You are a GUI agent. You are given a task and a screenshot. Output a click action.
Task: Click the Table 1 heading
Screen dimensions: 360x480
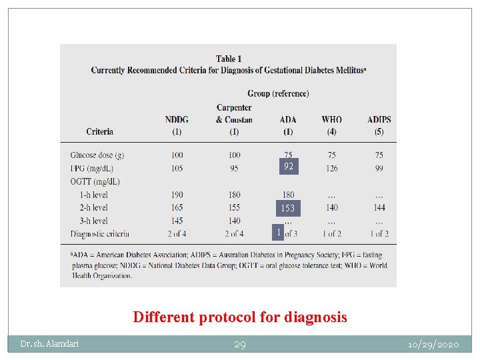point(229,59)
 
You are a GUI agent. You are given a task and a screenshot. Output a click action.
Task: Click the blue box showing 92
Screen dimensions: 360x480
point(288,166)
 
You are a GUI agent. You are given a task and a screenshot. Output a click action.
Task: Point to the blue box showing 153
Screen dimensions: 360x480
point(288,208)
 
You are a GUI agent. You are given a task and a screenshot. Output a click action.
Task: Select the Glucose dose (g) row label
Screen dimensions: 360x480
point(97,155)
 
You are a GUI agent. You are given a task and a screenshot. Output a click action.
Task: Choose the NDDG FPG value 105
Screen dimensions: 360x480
point(177,168)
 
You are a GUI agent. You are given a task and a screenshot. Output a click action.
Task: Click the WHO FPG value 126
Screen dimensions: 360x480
point(331,168)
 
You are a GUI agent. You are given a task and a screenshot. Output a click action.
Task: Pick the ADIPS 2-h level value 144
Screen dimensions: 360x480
point(379,207)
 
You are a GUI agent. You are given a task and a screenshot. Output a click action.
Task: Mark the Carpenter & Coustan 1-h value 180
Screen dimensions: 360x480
point(234,195)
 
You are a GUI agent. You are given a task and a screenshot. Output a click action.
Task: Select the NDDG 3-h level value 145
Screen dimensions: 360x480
point(177,221)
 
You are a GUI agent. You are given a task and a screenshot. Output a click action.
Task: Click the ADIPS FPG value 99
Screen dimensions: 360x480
point(379,168)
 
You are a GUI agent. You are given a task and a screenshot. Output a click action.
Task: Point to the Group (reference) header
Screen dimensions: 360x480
point(278,93)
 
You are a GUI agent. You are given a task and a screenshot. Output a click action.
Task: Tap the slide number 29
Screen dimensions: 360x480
point(239,345)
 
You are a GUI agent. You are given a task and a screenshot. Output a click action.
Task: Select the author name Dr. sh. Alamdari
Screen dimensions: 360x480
point(49,344)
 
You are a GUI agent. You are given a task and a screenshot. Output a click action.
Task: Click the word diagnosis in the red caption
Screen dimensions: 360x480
point(315,317)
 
